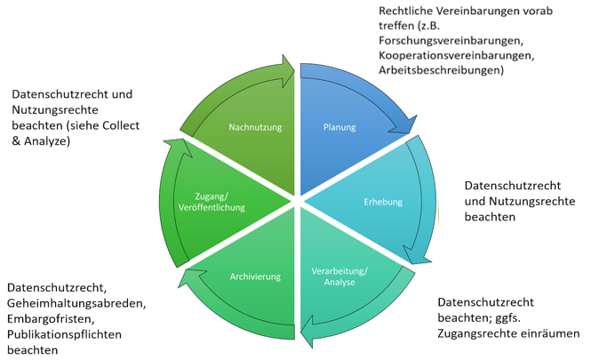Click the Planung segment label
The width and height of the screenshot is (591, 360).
click(339, 128)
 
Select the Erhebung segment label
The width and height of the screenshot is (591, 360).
click(383, 202)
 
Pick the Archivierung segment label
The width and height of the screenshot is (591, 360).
click(255, 276)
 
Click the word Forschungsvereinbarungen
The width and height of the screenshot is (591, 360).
click(443, 41)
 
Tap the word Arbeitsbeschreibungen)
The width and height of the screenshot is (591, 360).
click(441, 69)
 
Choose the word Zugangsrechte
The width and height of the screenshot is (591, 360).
click(477, 333)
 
